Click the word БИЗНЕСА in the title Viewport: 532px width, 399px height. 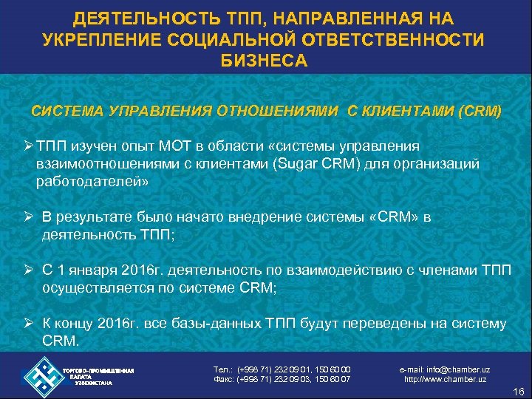coord(265,60)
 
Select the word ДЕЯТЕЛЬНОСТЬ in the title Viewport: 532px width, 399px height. coord(139,17)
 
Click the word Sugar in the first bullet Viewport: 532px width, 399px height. coord(351,163)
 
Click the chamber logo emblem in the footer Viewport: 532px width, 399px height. coord(44,376)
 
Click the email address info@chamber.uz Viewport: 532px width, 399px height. coord(444,369)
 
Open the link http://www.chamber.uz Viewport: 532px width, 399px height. coord(445,380)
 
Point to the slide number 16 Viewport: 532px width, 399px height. coord(516,391)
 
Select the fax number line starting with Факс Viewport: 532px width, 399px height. coord(282,380)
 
